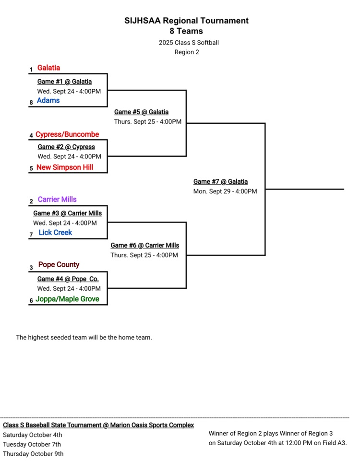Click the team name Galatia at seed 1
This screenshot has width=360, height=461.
coord(48,68)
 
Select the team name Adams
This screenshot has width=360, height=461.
coord(48,101)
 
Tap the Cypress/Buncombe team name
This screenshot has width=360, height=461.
coord(67,135)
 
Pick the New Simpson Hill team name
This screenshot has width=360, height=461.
coord(65,167)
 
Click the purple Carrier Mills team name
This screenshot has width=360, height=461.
coord(57,200)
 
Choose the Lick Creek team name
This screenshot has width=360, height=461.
coord(55,233)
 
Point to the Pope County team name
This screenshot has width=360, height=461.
coord(59,265)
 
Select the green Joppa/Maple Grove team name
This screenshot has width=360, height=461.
coord(67,299)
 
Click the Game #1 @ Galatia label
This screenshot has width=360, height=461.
coord(64,82)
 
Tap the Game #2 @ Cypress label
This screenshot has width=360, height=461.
coord(66,147)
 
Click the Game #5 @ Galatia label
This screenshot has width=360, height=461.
coord(141,112)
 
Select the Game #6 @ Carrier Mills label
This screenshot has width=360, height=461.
coord(144,246)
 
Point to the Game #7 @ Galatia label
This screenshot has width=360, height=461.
coord(220,182)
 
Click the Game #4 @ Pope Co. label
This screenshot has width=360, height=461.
coord(68,279)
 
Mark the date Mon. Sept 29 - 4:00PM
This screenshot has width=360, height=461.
coord(225,191)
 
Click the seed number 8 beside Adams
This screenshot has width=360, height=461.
coord(31,103)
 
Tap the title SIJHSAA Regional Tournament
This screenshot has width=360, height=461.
coord(186,21)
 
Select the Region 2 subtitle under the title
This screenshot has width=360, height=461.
coord(186,52)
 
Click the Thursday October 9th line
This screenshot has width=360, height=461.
coord(33,454)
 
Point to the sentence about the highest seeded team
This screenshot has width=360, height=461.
coord(84,338)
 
